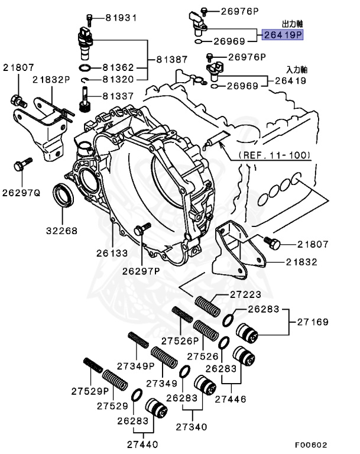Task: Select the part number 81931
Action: point(121,17)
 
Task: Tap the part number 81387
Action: point(172,60)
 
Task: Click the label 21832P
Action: point(51,79)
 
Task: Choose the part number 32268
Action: point(62,231)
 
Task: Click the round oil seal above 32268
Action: point(63,196)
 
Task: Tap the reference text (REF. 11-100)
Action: point(274,155)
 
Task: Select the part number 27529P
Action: point(90,391)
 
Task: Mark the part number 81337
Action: point(121,95)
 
